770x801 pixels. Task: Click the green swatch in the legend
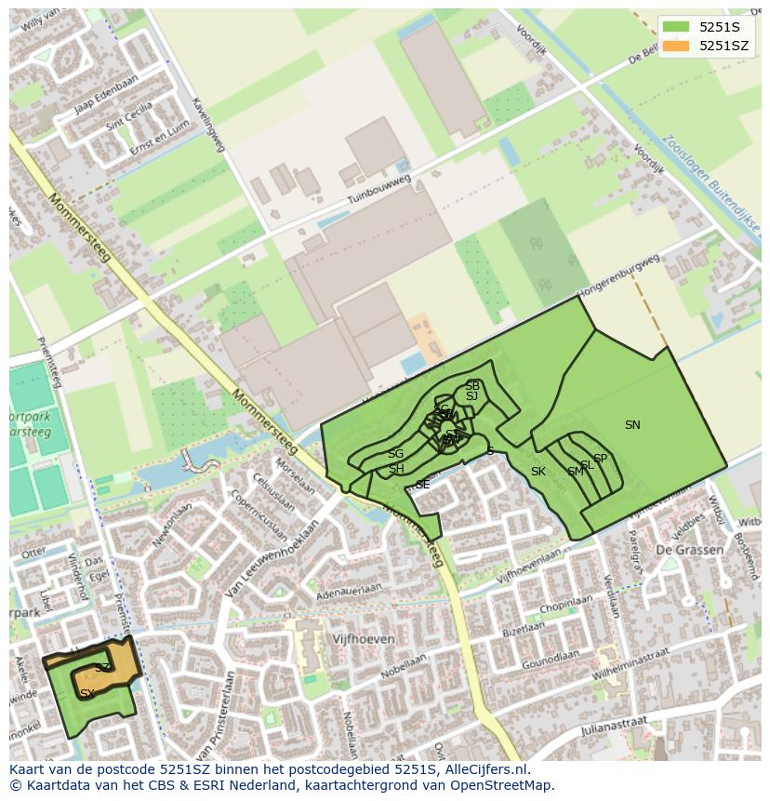click(676, 27)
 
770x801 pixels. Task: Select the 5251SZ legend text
click(724, 46)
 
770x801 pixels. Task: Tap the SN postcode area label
click(632, 425)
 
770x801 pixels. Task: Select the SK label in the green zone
click(538, 472)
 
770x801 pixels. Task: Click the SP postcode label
click(600, 459)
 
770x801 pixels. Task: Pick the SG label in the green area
click(396, 454)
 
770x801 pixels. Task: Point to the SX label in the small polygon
click(86, 693)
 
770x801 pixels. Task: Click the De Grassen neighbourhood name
click(689, 550)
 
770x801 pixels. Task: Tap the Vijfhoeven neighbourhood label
click(364, 639)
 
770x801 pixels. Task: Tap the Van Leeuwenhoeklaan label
click(272, 558)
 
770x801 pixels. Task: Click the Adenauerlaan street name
click(350, 592)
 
